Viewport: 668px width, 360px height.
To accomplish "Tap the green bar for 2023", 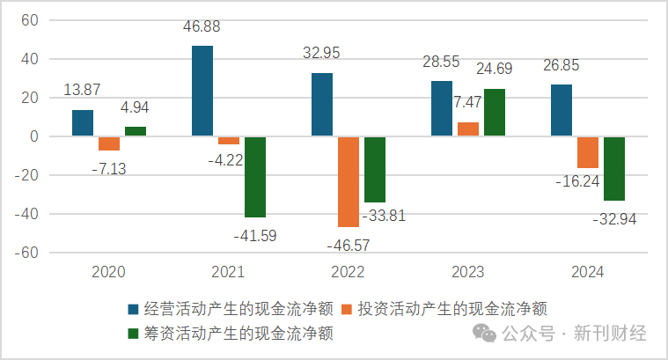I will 495,113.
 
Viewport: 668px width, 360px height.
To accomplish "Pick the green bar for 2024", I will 614,169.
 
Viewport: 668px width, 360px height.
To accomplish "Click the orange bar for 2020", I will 109,143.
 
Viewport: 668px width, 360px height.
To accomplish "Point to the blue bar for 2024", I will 562,111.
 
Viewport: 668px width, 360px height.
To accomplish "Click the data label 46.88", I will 202,27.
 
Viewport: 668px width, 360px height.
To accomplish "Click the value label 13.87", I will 84,91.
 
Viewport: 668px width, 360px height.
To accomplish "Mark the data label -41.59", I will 256,236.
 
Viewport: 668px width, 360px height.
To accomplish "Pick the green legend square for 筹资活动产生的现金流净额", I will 133,334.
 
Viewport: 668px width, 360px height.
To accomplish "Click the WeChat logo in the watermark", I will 486,334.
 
